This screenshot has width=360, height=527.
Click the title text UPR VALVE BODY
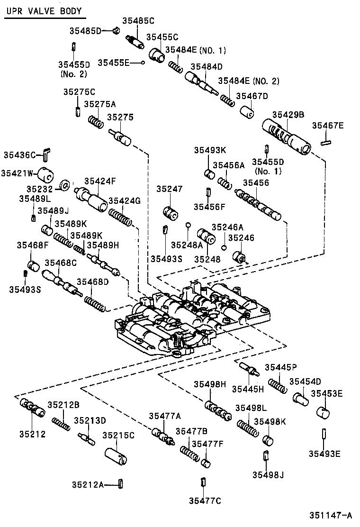pos(44,11)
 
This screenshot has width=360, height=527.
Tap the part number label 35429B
pos(288,115)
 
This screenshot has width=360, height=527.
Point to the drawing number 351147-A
pos(331,515)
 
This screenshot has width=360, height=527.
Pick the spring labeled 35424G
pos(120,218)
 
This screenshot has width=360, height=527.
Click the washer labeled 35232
pos(65,185)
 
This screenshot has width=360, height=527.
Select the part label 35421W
pos(17,173)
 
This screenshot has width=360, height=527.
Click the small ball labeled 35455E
pos(143,63)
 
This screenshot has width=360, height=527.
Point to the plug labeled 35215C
pos(116,456)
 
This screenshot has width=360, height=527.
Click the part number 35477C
pos(205,500)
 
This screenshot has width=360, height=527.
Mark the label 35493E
pos(324,454)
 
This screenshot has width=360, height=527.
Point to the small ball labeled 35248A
pos(189,225)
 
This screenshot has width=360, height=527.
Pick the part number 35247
pos(170,189)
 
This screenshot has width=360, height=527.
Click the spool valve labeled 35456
pos(258,205)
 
